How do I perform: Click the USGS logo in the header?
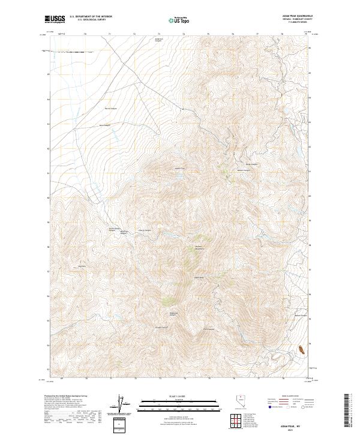[55, 19]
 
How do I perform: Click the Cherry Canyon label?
[145, 230]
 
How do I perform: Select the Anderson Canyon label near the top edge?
[159, 40]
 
